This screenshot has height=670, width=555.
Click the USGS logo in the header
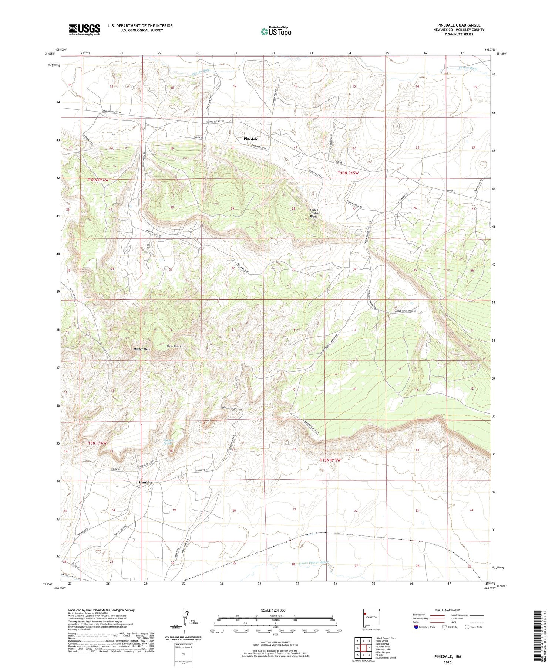pyautogui.click(x=84, y=30)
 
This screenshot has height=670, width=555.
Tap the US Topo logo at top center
pyautogui.click(x=276, y=32)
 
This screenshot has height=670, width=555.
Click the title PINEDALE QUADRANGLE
pyautogui.click(x=458, y=25)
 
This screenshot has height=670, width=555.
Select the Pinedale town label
pyautogui.click(x=251, y=139)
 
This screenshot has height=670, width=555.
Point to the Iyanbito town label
pyautogui.click(x=145, y=483)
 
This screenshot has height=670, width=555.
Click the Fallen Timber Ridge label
pyautogui.click(x=314, y=213)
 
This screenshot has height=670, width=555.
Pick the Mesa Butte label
pyautogui.click(x=174, y=346)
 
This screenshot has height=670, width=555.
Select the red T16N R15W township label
pyautogui.click(x=348, y=173)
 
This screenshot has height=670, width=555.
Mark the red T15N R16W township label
pyautogui.click(x=96, y=443)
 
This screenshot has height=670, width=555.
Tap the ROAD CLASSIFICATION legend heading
pyautogui.click(x=448, y=610)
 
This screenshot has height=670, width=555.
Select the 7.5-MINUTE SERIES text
pyautogui.click(x=458, y=34)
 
